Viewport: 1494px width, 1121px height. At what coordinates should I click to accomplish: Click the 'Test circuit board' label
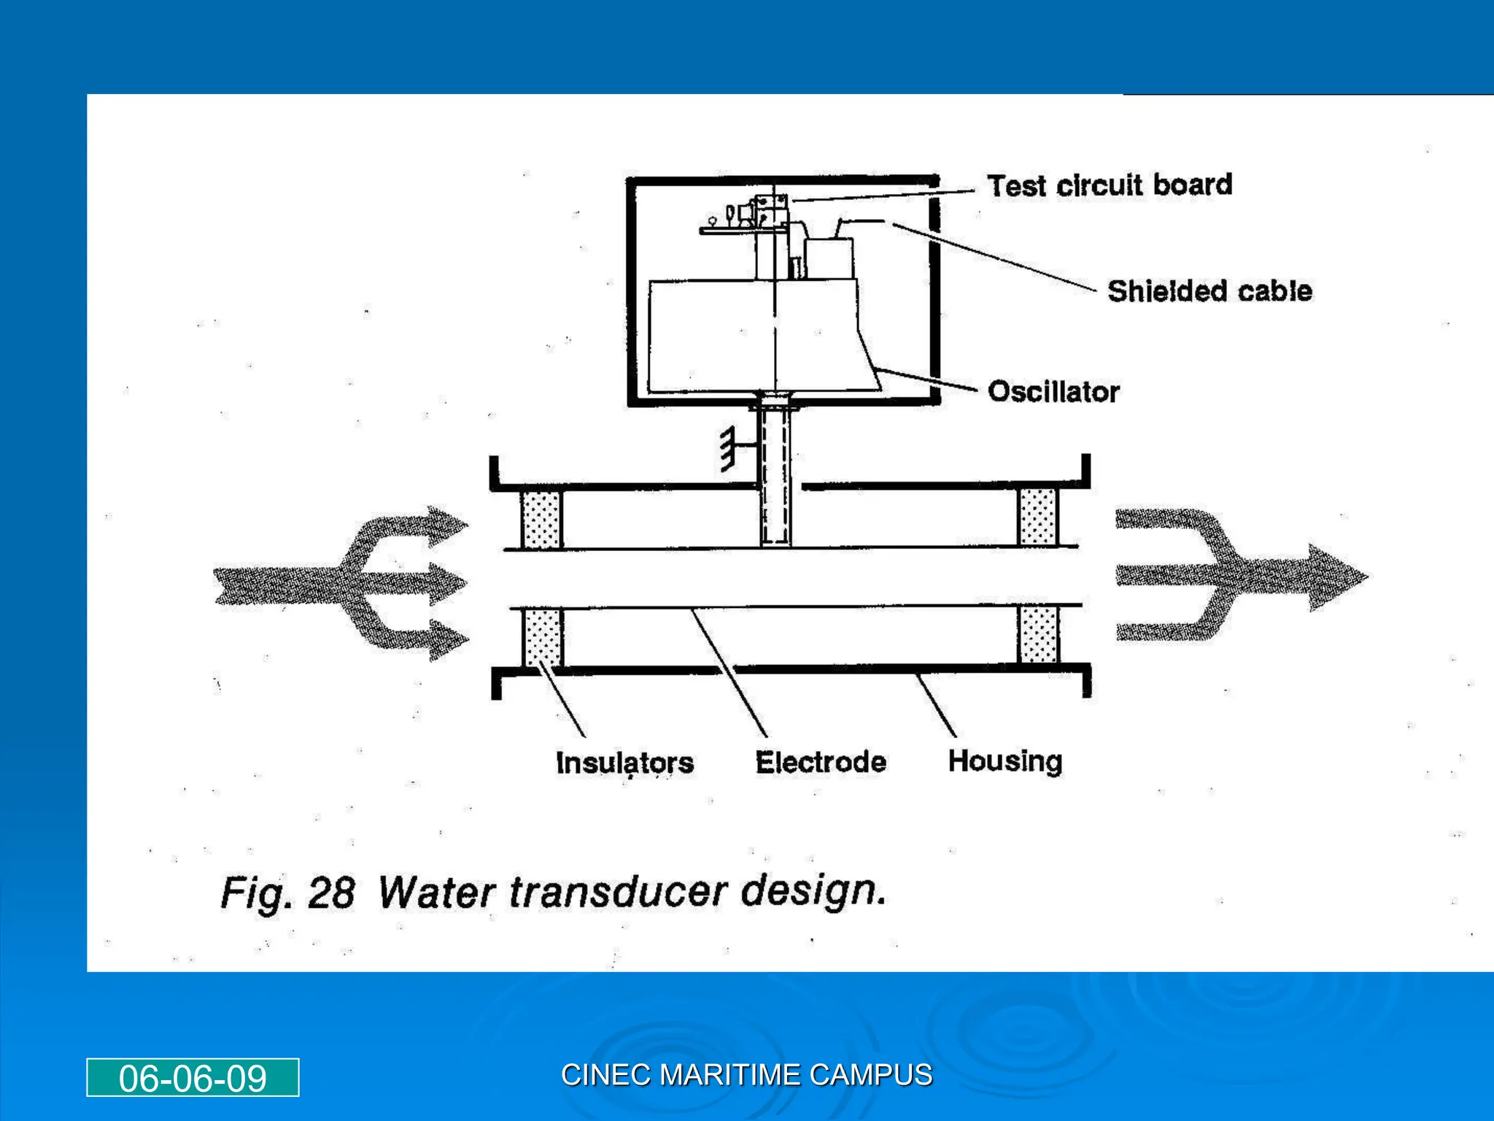click(x=1109, y=185)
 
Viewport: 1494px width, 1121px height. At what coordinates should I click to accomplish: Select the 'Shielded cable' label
click(x=1209, y=291)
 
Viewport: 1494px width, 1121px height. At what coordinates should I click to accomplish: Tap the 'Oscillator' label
click(x=1053, y=392)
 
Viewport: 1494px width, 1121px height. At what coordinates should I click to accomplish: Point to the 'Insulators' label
click(x=624, y=763)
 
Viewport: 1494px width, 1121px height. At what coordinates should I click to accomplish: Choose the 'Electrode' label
click(x=821, y=762)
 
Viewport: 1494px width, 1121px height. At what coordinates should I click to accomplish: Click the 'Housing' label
click(x=1005, y=761)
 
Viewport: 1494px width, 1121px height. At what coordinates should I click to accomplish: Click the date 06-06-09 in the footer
click(x=193, y=1078)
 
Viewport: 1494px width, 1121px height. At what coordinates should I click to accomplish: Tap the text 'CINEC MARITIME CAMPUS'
click(x=746, y=1075)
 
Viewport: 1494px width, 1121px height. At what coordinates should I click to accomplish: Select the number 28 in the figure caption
click(x=330, y=893)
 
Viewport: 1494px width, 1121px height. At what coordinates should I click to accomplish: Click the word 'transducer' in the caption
click(x=619, y=892)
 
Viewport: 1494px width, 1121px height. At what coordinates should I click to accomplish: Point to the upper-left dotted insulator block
click(x=541, y=518)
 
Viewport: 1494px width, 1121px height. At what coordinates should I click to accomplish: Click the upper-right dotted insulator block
click(x=1037, y=517)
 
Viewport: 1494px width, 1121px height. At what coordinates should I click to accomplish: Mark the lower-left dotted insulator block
click(x=541, y=637)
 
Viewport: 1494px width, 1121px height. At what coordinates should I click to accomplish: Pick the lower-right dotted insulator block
click(x=1037, y=633)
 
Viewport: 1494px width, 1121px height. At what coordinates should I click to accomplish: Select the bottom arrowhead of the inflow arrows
click(x=446, y=639)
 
